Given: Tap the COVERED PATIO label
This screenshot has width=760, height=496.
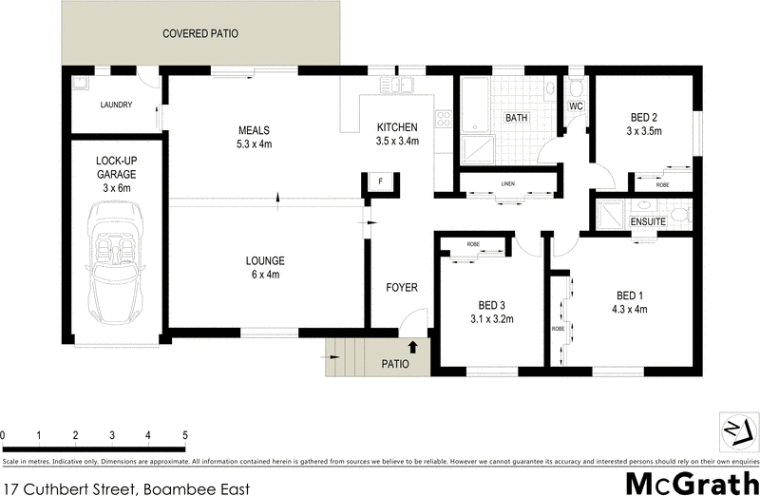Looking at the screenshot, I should click(199, 33).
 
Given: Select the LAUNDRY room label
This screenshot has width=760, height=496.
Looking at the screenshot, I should click(115, 105).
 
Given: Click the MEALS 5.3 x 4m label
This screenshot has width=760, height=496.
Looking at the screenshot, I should click(255, 137).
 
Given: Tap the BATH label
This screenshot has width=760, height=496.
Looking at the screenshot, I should click(516, 118).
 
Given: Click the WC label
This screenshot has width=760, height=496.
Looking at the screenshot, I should click(575, 106).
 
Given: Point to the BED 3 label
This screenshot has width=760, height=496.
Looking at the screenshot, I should click(492, 312).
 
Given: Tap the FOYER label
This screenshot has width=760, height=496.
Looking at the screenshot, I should click(402, 287).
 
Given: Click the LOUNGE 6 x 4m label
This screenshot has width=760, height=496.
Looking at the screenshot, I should click(265, 267).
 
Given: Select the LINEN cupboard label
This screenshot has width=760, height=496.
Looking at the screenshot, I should click(508, 184).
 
